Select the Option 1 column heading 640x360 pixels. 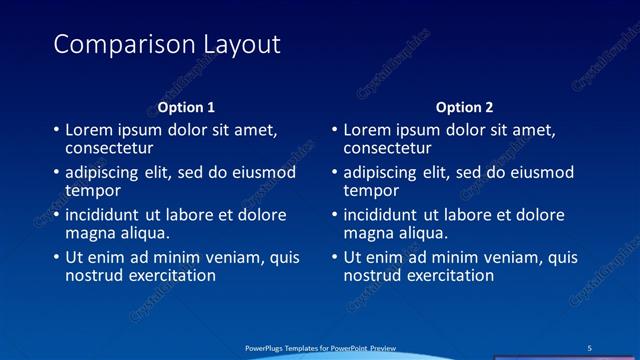coord(186,107)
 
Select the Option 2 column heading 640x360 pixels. coord(464,107)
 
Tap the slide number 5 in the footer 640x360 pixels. coord(592,347)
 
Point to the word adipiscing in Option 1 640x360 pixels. coord(104,172)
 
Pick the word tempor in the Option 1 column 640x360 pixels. coord(92,190)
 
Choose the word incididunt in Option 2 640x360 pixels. coord(382,215)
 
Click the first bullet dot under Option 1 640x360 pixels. coord(56,130)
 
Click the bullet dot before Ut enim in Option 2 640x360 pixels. coord(334,258)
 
